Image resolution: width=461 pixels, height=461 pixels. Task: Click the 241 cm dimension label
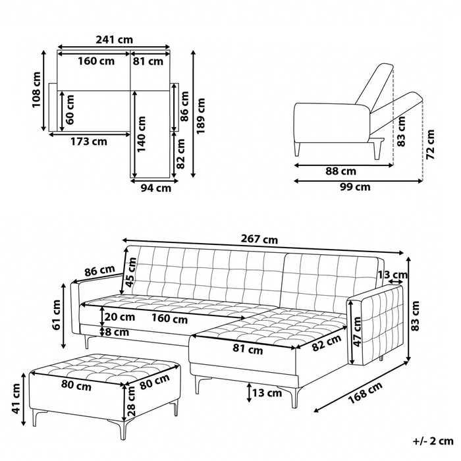(114, 40)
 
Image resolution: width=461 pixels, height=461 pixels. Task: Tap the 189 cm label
(201, 116)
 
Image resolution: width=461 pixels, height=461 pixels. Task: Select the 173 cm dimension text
(89, 142)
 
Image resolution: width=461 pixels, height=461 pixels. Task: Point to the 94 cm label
(156, 188)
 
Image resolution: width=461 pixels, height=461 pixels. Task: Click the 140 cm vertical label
(142, 134)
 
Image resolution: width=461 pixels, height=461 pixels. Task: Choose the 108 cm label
(36, 90)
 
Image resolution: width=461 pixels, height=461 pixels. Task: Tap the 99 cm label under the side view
(355, 187)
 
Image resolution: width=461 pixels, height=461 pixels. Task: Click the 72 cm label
(430, 144)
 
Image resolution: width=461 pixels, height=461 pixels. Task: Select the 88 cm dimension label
(340, 171)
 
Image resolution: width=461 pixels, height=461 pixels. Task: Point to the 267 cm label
(259, 239)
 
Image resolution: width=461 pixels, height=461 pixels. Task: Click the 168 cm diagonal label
(366, 393)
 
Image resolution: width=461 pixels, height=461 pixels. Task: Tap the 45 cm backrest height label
(131, 272)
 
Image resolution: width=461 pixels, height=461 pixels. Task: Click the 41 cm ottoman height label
(16, 398)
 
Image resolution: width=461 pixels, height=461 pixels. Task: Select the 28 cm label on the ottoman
(131, 401)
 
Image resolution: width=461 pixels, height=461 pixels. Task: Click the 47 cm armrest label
(357, 332)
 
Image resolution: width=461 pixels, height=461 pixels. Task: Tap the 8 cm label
(117, 332)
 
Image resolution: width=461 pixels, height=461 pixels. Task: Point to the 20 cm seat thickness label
(120, 317)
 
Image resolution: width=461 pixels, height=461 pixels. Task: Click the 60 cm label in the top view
(70, 109)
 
